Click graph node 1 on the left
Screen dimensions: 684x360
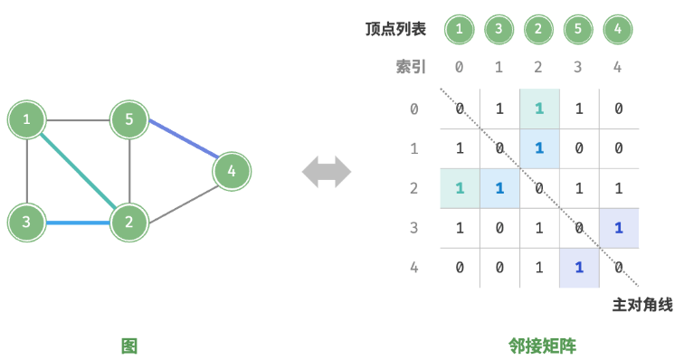tap(27, 119)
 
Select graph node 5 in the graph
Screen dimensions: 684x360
tap(129, 119)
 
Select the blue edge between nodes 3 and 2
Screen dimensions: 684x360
tap(78, 222)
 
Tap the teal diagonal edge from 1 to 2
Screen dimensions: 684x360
tap(78, 170)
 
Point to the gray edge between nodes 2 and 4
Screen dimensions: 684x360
tap(181, 196)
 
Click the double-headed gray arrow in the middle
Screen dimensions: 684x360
tap(326, 171)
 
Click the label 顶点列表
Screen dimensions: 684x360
tap(395, 30)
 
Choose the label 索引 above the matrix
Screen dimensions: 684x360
tap(410, 67)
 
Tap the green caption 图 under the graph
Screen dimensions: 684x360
tap(129, 346)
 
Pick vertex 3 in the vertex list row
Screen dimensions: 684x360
tap(499, 30)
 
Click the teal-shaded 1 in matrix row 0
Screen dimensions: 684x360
tap(538, 109)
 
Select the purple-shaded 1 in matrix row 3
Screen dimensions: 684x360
tap(618, 227)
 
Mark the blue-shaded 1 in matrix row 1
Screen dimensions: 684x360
tap(538, 148)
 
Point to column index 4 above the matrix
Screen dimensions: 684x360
tap(618, 67)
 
